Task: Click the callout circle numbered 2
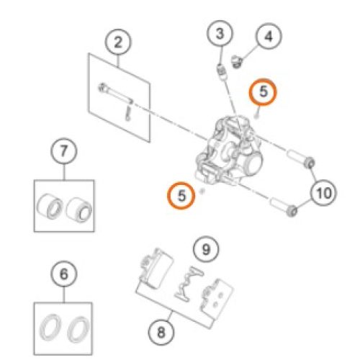coord(118,42)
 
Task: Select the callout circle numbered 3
coord(220,34)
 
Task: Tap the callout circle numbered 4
coord(269,36)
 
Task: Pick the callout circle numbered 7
coord(64,151)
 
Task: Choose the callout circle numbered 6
coord(64,274)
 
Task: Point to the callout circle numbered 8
coord(161,332)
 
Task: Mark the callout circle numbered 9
coord(206,249)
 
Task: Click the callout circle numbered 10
coord(323,193)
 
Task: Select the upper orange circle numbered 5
coord(263,92)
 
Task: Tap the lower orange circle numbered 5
coord(181,195)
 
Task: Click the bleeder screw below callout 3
coord(222,71)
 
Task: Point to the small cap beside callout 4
coord(237,61)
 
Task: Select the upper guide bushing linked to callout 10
coord(300,158)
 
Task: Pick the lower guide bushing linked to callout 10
coord(283,207)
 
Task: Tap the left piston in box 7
coord(50,206)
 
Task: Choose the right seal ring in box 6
coord(78,329)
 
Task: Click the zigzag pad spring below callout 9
coord(189,283)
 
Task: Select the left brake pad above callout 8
coord(156,268)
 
